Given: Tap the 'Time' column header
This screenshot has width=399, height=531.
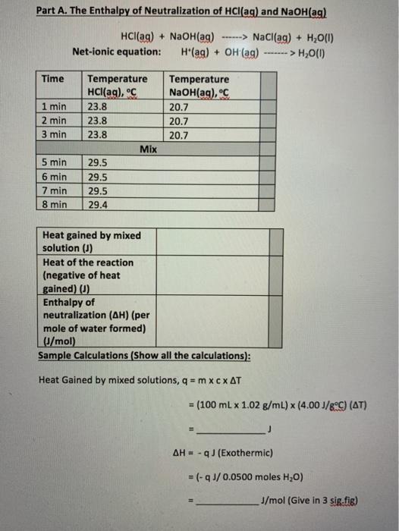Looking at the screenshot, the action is tap(53, 79).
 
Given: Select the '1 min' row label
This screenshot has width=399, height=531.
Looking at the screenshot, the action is tap(54, 107).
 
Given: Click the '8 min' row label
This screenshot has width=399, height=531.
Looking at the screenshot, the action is tap(54, 204).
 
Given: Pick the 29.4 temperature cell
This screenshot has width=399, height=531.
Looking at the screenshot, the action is tap(98, 204).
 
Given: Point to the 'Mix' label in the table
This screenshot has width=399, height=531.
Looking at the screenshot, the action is tap(149, 149).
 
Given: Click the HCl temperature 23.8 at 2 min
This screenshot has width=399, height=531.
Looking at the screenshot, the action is tap(98, 121).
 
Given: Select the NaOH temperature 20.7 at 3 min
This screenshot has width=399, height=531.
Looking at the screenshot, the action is tap(179, 135).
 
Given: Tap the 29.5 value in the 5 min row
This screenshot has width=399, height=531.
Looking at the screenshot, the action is tap(98, 162).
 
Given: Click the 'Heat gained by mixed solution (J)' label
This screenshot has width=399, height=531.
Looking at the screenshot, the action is tap(91, 241).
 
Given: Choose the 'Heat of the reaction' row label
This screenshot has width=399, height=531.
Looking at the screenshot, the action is tap(88, 262).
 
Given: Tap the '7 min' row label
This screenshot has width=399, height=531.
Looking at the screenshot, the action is tap(54, 190).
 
